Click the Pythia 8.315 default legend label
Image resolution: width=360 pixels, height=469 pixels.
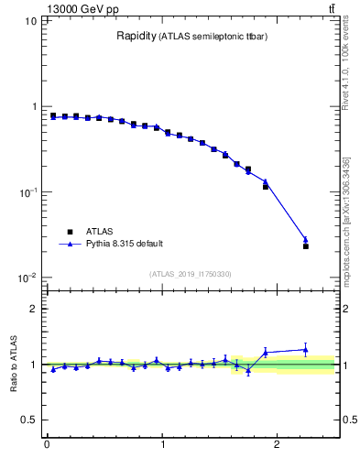tap(124, 244)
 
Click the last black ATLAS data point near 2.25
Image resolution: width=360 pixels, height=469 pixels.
tap(306, 246)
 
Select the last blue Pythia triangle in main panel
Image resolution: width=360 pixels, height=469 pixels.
tap(306, 240)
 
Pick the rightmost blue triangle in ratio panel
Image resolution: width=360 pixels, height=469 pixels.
tap(306, 349)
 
